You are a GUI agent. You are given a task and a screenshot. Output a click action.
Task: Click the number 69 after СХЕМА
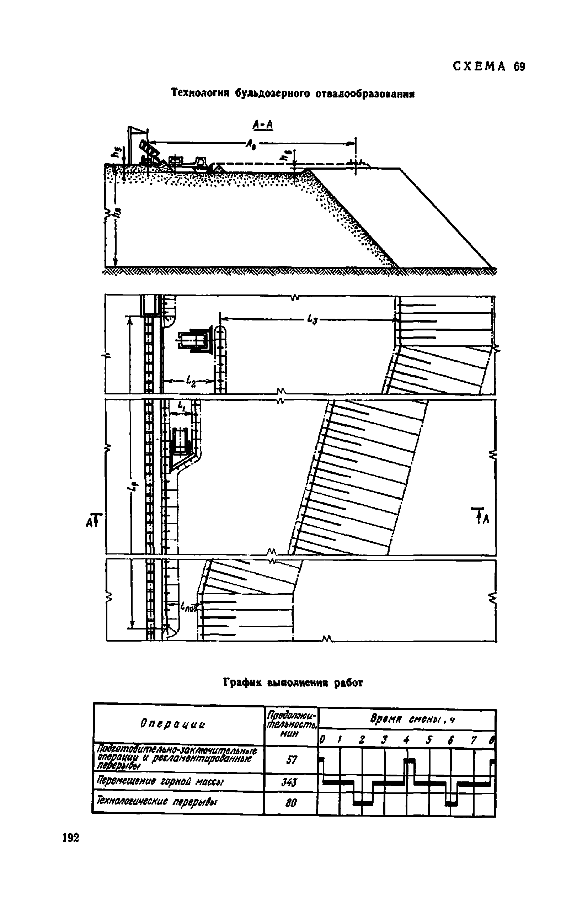(x=519, y=67)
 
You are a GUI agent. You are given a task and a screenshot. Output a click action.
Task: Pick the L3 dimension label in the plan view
(x=312, y=320)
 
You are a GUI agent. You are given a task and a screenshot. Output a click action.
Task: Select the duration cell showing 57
(x=291, y=760)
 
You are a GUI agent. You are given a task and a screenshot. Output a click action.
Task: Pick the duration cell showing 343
(x=290, y=782)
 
